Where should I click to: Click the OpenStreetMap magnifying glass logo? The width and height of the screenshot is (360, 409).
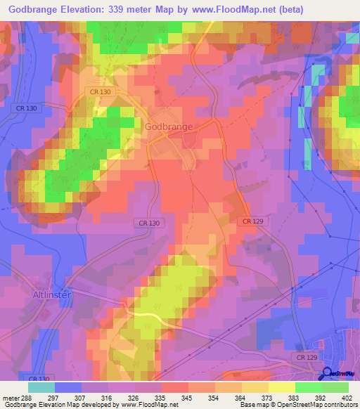click(328, 375)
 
